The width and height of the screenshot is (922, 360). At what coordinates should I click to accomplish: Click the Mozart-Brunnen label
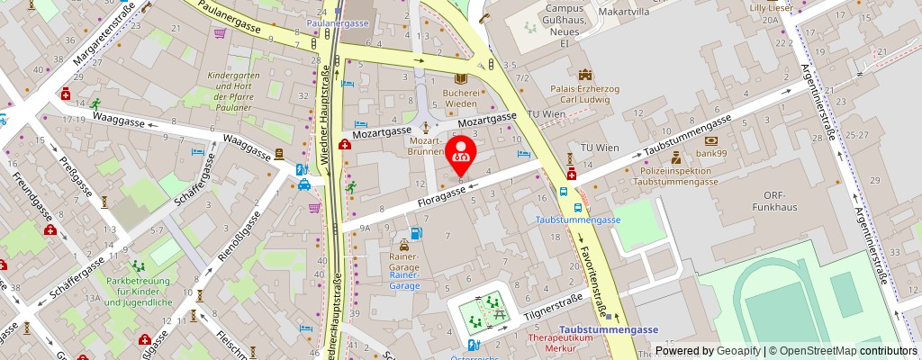(x=425, y=146)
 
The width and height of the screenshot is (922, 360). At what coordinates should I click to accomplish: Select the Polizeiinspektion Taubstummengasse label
(x=674, y=175)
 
